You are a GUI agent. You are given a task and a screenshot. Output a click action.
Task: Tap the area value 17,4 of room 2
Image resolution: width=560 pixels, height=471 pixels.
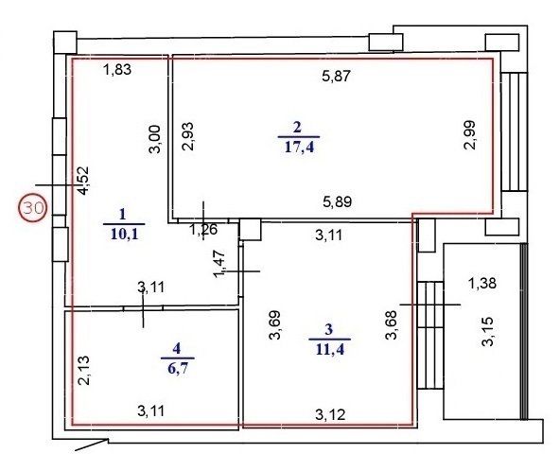pyautogui.click(x=299, y=147)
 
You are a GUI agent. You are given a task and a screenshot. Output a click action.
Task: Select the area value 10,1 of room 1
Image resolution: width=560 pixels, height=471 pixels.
pyautogui.click(x=124, y=235)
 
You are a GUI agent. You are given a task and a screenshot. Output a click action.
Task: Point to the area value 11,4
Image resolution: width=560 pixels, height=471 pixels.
pyautogui.click(x=329, y=349)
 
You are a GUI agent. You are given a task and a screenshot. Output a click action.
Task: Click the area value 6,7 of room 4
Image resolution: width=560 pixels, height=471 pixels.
pyautogui.click(x=178, y=368)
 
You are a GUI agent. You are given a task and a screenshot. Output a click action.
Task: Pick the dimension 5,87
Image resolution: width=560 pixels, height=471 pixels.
pyautogui.click(x=337, y=76)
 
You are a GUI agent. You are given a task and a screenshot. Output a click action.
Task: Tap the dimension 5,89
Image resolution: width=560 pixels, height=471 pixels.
pyautogui.click(x=337, y=201)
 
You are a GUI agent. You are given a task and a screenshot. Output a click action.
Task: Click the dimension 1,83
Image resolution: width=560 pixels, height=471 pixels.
pyautogui.click(x=117, y=69)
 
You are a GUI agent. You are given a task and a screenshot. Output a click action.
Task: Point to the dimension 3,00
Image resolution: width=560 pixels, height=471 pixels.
pyautogui.click(x=154, y=139)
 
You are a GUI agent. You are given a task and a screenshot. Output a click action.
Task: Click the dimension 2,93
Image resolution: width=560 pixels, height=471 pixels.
pyautogui.click(x=187, y=136)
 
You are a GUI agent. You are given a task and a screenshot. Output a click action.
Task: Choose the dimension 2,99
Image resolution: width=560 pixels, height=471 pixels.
pyautogui.click(x=469, y=135)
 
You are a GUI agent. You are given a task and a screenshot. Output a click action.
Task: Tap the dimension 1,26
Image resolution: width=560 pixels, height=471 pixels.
pyautogui.click(x=202, y=230)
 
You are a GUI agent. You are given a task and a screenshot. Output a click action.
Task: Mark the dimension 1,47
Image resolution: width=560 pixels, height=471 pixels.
pyautogui.click(x=219, y=264)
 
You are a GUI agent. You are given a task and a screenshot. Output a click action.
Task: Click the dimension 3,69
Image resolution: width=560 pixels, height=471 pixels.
pyautogui.click(x=275, y=325)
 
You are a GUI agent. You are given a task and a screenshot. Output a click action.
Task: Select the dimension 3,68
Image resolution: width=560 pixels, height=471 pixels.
pyautogui.click(x=391, y=324)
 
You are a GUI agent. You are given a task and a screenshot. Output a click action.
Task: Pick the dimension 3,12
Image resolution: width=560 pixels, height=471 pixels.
pyautogui.click(x=330, y=414)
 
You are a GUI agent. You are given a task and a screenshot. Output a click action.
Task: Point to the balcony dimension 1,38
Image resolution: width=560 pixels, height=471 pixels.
pyautogui.click(x=482, y=284)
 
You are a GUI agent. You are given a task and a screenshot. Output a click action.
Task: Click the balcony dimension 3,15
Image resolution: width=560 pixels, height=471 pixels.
pyautogui.click(x=487, y=331)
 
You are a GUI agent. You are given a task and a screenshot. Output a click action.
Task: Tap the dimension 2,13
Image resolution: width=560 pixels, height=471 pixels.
pyautogui.click(x=84, y=371)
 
